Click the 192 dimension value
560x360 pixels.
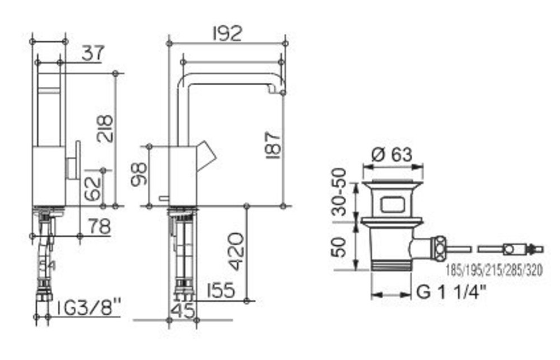click(x=227, y=34)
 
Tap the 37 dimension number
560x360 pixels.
click(x=93, y=53)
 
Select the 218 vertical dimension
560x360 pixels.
click(x=105, y=129)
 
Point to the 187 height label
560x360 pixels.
click(x=274, y=146)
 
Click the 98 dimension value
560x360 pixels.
click(x=138, y=174)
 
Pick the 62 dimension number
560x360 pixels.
click(x=93, y=189)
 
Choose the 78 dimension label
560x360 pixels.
click(x=100, y=227)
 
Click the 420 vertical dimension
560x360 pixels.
click(x=236, y=251)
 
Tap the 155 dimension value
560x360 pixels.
click(x=220, y=290)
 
